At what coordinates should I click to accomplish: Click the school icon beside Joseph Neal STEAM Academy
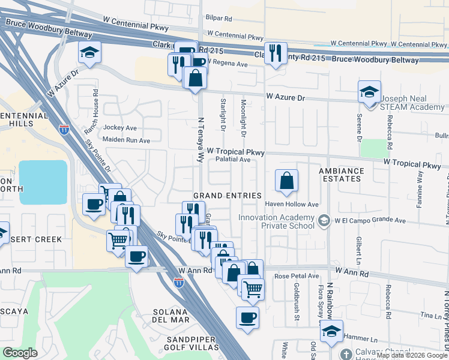coord(369,92)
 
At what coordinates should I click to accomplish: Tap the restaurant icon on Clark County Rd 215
coord(276,53)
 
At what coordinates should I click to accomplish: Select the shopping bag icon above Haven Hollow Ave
coord(287,180)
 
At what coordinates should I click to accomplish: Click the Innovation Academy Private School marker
coord(325,221)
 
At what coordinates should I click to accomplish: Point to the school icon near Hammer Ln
coord(331,331)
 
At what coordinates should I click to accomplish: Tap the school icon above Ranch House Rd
coord(89,52)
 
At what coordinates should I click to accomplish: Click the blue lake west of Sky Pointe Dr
coord(43,182)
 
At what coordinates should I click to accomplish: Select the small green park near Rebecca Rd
coord(375,148)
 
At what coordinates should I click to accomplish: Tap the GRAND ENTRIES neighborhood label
coord(227,196)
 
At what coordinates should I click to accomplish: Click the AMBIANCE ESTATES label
coord(341,175)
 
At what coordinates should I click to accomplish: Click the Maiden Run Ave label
coord(127,140)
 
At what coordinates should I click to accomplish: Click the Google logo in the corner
coord(20,353)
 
